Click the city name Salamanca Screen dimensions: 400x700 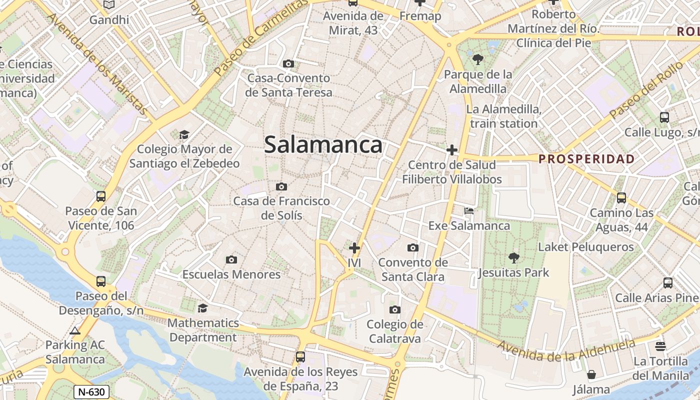(x=323, y=145)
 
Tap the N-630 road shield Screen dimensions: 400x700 (x=91, y=391)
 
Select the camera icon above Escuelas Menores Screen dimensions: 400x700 (x=231, y=259)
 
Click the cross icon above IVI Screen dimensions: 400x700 (x=354, y=247)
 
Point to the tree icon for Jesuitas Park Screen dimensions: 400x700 (x=513, y=258)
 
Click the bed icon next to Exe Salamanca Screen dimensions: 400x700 (x=469, y=210)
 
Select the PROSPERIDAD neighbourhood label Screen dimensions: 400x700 (x=586, y=159)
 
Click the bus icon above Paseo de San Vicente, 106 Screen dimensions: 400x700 (x=101, y=196)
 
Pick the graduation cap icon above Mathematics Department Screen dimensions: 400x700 (x=202, y=308)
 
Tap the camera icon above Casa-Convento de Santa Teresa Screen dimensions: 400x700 (x=288, y=63)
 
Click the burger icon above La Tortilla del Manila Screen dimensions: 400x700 (x=660, y=346)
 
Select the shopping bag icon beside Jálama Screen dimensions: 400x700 (x=591, y=374)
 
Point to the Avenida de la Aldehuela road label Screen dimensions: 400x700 (x=566, y=351)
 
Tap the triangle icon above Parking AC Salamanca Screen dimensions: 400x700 (x=75, y=330)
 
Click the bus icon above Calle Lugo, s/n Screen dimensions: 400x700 (x=664, y=117)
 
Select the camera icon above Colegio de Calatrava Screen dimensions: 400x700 (x=395, y=309)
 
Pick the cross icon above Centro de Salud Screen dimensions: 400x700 (x=452, y=149)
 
